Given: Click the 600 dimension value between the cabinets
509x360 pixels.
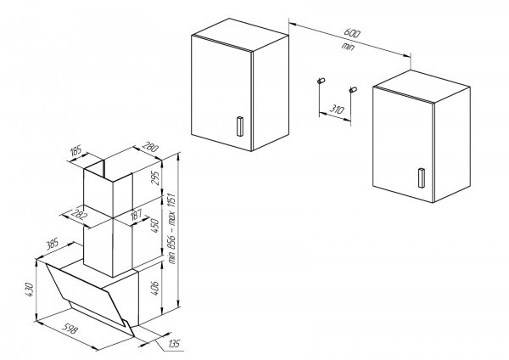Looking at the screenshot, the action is coord(352,33).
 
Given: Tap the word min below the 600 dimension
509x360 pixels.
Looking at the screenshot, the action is coord(347,47).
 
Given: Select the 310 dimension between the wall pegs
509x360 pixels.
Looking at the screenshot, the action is coord(336,109).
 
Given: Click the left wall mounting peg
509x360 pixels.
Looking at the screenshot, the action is coord(322,81).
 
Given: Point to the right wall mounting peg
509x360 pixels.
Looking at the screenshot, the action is coord(353,89).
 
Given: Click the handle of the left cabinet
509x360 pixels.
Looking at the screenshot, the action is coord(240,126).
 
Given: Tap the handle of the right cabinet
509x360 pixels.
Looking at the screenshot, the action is coord(422,177).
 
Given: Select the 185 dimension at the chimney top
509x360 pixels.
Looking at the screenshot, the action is coord(76,151).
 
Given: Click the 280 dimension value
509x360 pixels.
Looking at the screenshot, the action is coord(151,147).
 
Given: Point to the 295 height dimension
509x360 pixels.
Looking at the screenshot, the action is coord(155,178).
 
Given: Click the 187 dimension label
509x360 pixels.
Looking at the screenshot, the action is coord(137,215).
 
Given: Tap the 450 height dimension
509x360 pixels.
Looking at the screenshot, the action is coord(155,226).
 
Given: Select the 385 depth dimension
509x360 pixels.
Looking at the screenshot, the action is coord(52,244).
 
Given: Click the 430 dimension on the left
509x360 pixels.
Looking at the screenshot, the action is coord(30,290).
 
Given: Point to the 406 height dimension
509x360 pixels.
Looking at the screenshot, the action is coord(155,288).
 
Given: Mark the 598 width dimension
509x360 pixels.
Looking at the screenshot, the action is coord(70,329).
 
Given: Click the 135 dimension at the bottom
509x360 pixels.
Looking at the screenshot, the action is coord(174,344).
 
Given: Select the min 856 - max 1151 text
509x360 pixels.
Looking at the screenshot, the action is coord(171,228).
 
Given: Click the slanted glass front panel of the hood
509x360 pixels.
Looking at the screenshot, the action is coord(89,296).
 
